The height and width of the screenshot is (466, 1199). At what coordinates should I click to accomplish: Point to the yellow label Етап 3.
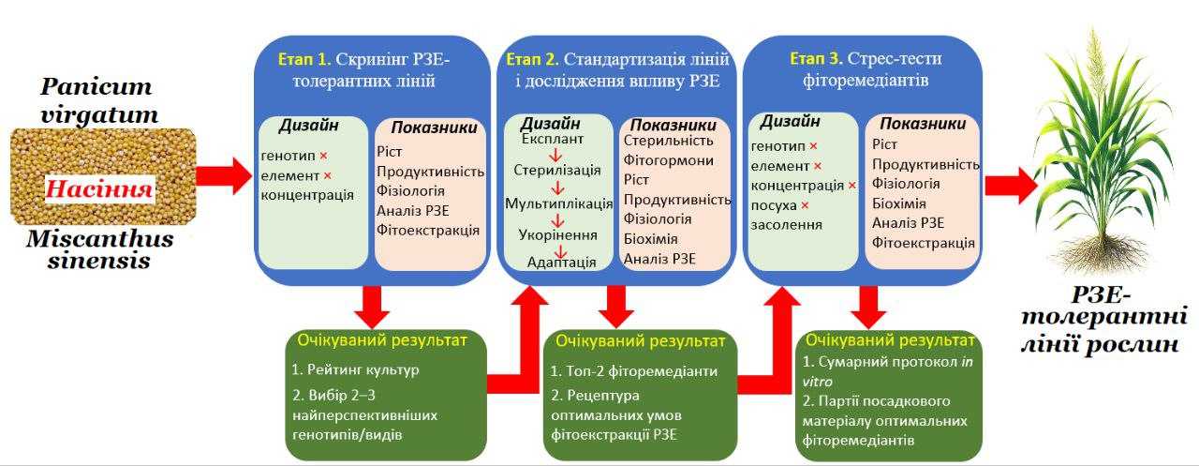point(815,59)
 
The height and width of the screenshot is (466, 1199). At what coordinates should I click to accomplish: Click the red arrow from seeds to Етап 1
point(229,175)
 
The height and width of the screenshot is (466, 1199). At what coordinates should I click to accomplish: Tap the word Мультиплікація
point(558,203)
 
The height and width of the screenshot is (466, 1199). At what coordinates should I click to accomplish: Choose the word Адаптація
point(562,263)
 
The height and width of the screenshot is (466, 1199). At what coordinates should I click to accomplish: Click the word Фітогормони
point(669,160)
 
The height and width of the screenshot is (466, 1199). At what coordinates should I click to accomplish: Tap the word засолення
point(787,224)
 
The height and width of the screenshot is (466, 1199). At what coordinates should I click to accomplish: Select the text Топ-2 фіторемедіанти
point(633,370)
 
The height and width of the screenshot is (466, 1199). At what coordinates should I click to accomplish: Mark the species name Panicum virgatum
point(96,101)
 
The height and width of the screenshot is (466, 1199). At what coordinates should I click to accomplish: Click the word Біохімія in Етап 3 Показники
point(898,203)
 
